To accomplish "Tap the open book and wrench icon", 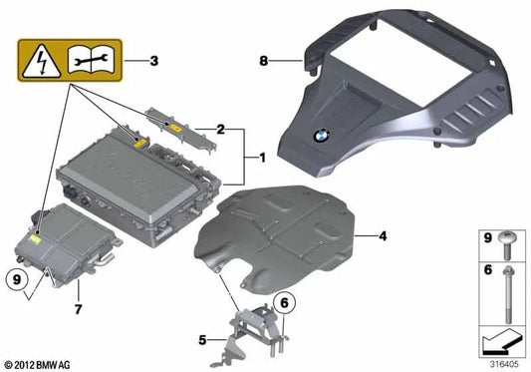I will pos(95,62).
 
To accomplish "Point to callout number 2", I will pos(221,130).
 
